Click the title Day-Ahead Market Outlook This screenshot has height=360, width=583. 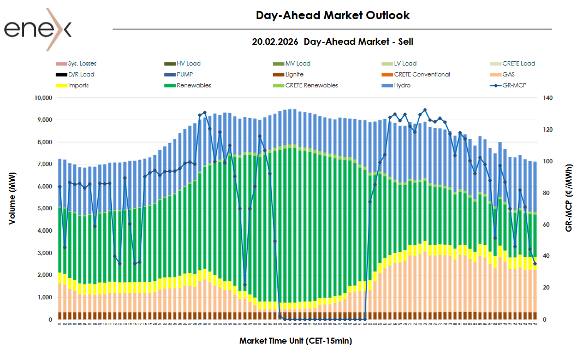point(332,15)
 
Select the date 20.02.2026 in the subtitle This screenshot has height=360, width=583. point(275,42)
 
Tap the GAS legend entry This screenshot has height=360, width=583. point(505,74)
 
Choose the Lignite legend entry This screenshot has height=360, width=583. point(294,74)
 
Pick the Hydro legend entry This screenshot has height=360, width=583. point(402,85)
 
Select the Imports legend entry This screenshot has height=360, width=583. point(78,85)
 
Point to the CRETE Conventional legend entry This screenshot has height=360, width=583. point(421,74)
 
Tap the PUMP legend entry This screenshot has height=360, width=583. point(185,74)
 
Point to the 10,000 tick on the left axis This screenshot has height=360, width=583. point(41,98)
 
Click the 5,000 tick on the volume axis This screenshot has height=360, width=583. point(43,209)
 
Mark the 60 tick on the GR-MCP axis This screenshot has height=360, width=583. point(547,225)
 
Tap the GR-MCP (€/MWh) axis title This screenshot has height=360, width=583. point(569,208)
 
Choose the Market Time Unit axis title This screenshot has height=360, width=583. point(295,341)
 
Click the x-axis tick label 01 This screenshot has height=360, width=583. point(60,324)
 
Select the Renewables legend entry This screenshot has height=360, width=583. point(194,85)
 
